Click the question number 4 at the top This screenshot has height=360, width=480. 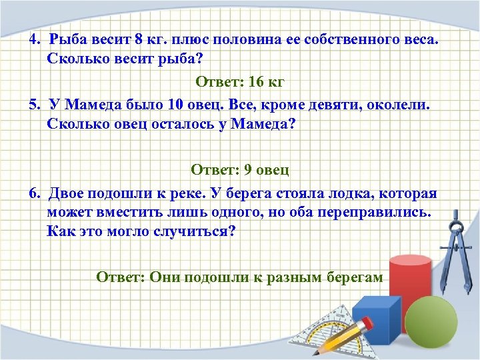pos(33,39)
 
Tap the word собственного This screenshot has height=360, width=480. pos(351,39)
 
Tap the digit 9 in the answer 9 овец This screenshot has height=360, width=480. pos(248,169)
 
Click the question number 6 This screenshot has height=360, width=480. pos(33,193)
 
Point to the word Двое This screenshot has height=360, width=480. pos(71,193)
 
